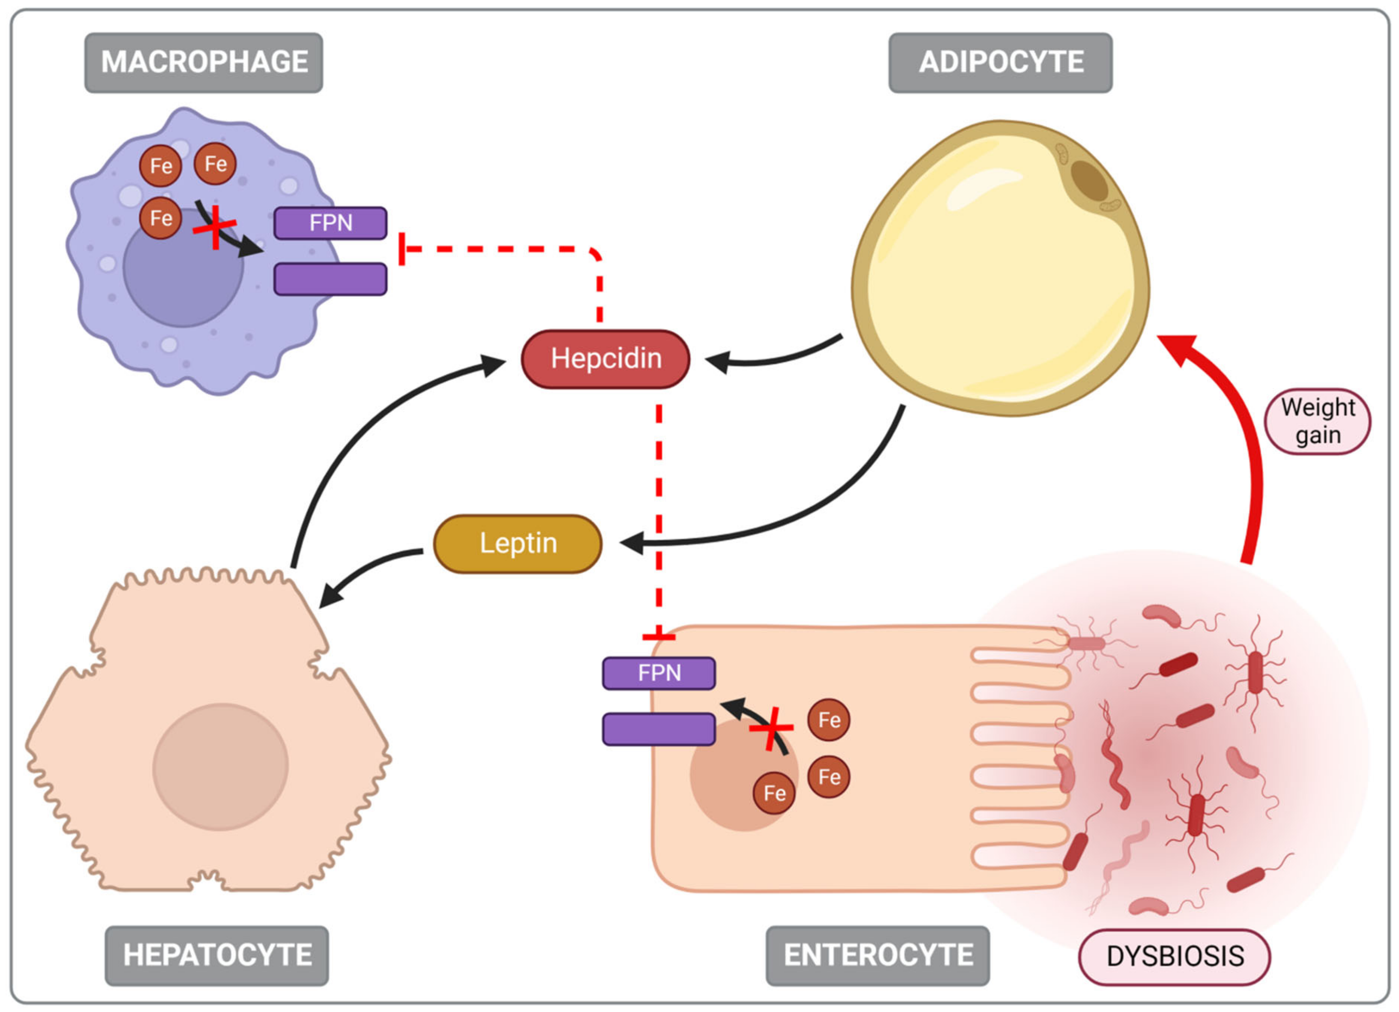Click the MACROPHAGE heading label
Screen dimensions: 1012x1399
tap(204, 62)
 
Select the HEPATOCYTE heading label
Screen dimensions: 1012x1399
tap(217, 955)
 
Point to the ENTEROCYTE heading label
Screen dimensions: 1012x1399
tap(877, 955)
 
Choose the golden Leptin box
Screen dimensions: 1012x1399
tap(518, 543)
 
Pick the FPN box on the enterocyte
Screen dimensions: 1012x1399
tap(659, 673)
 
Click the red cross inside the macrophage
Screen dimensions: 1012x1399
tap(215, 228)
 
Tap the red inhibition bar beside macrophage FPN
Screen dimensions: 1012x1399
tap(402, 249)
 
